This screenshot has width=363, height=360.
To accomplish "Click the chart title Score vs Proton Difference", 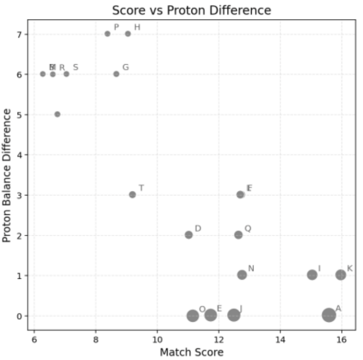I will tap(192, 10).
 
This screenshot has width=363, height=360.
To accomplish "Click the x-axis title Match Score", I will tap(192, 352).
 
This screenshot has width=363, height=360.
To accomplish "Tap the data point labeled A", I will tap(329, 314).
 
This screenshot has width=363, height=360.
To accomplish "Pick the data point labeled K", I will tap(341, 275).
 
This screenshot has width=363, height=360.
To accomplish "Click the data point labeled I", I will tap(312, 275).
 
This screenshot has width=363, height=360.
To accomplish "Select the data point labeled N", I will tap(242, 275).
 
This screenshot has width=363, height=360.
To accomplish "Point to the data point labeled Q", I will tap(238, 235).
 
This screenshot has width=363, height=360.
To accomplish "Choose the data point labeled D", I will tap(189, 235).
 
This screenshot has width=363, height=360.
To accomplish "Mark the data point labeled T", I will tap(132, 195).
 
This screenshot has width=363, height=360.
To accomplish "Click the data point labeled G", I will tap(116, 74).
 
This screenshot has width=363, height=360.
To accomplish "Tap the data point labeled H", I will tap(128, 34).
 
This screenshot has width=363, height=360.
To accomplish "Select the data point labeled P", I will tap(108, 34).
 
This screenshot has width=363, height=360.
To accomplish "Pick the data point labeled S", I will tap(67, 74).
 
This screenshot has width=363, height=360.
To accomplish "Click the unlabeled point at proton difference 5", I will tap(57, 114).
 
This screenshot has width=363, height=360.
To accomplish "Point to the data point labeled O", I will tap(193, 315).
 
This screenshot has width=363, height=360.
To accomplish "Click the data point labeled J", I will tap(234, 315).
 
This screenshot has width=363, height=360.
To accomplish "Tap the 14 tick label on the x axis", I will tap(280, 340).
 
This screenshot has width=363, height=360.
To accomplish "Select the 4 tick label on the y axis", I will tap(20, 154).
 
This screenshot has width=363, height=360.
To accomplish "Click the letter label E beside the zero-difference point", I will tap(219, 309).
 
